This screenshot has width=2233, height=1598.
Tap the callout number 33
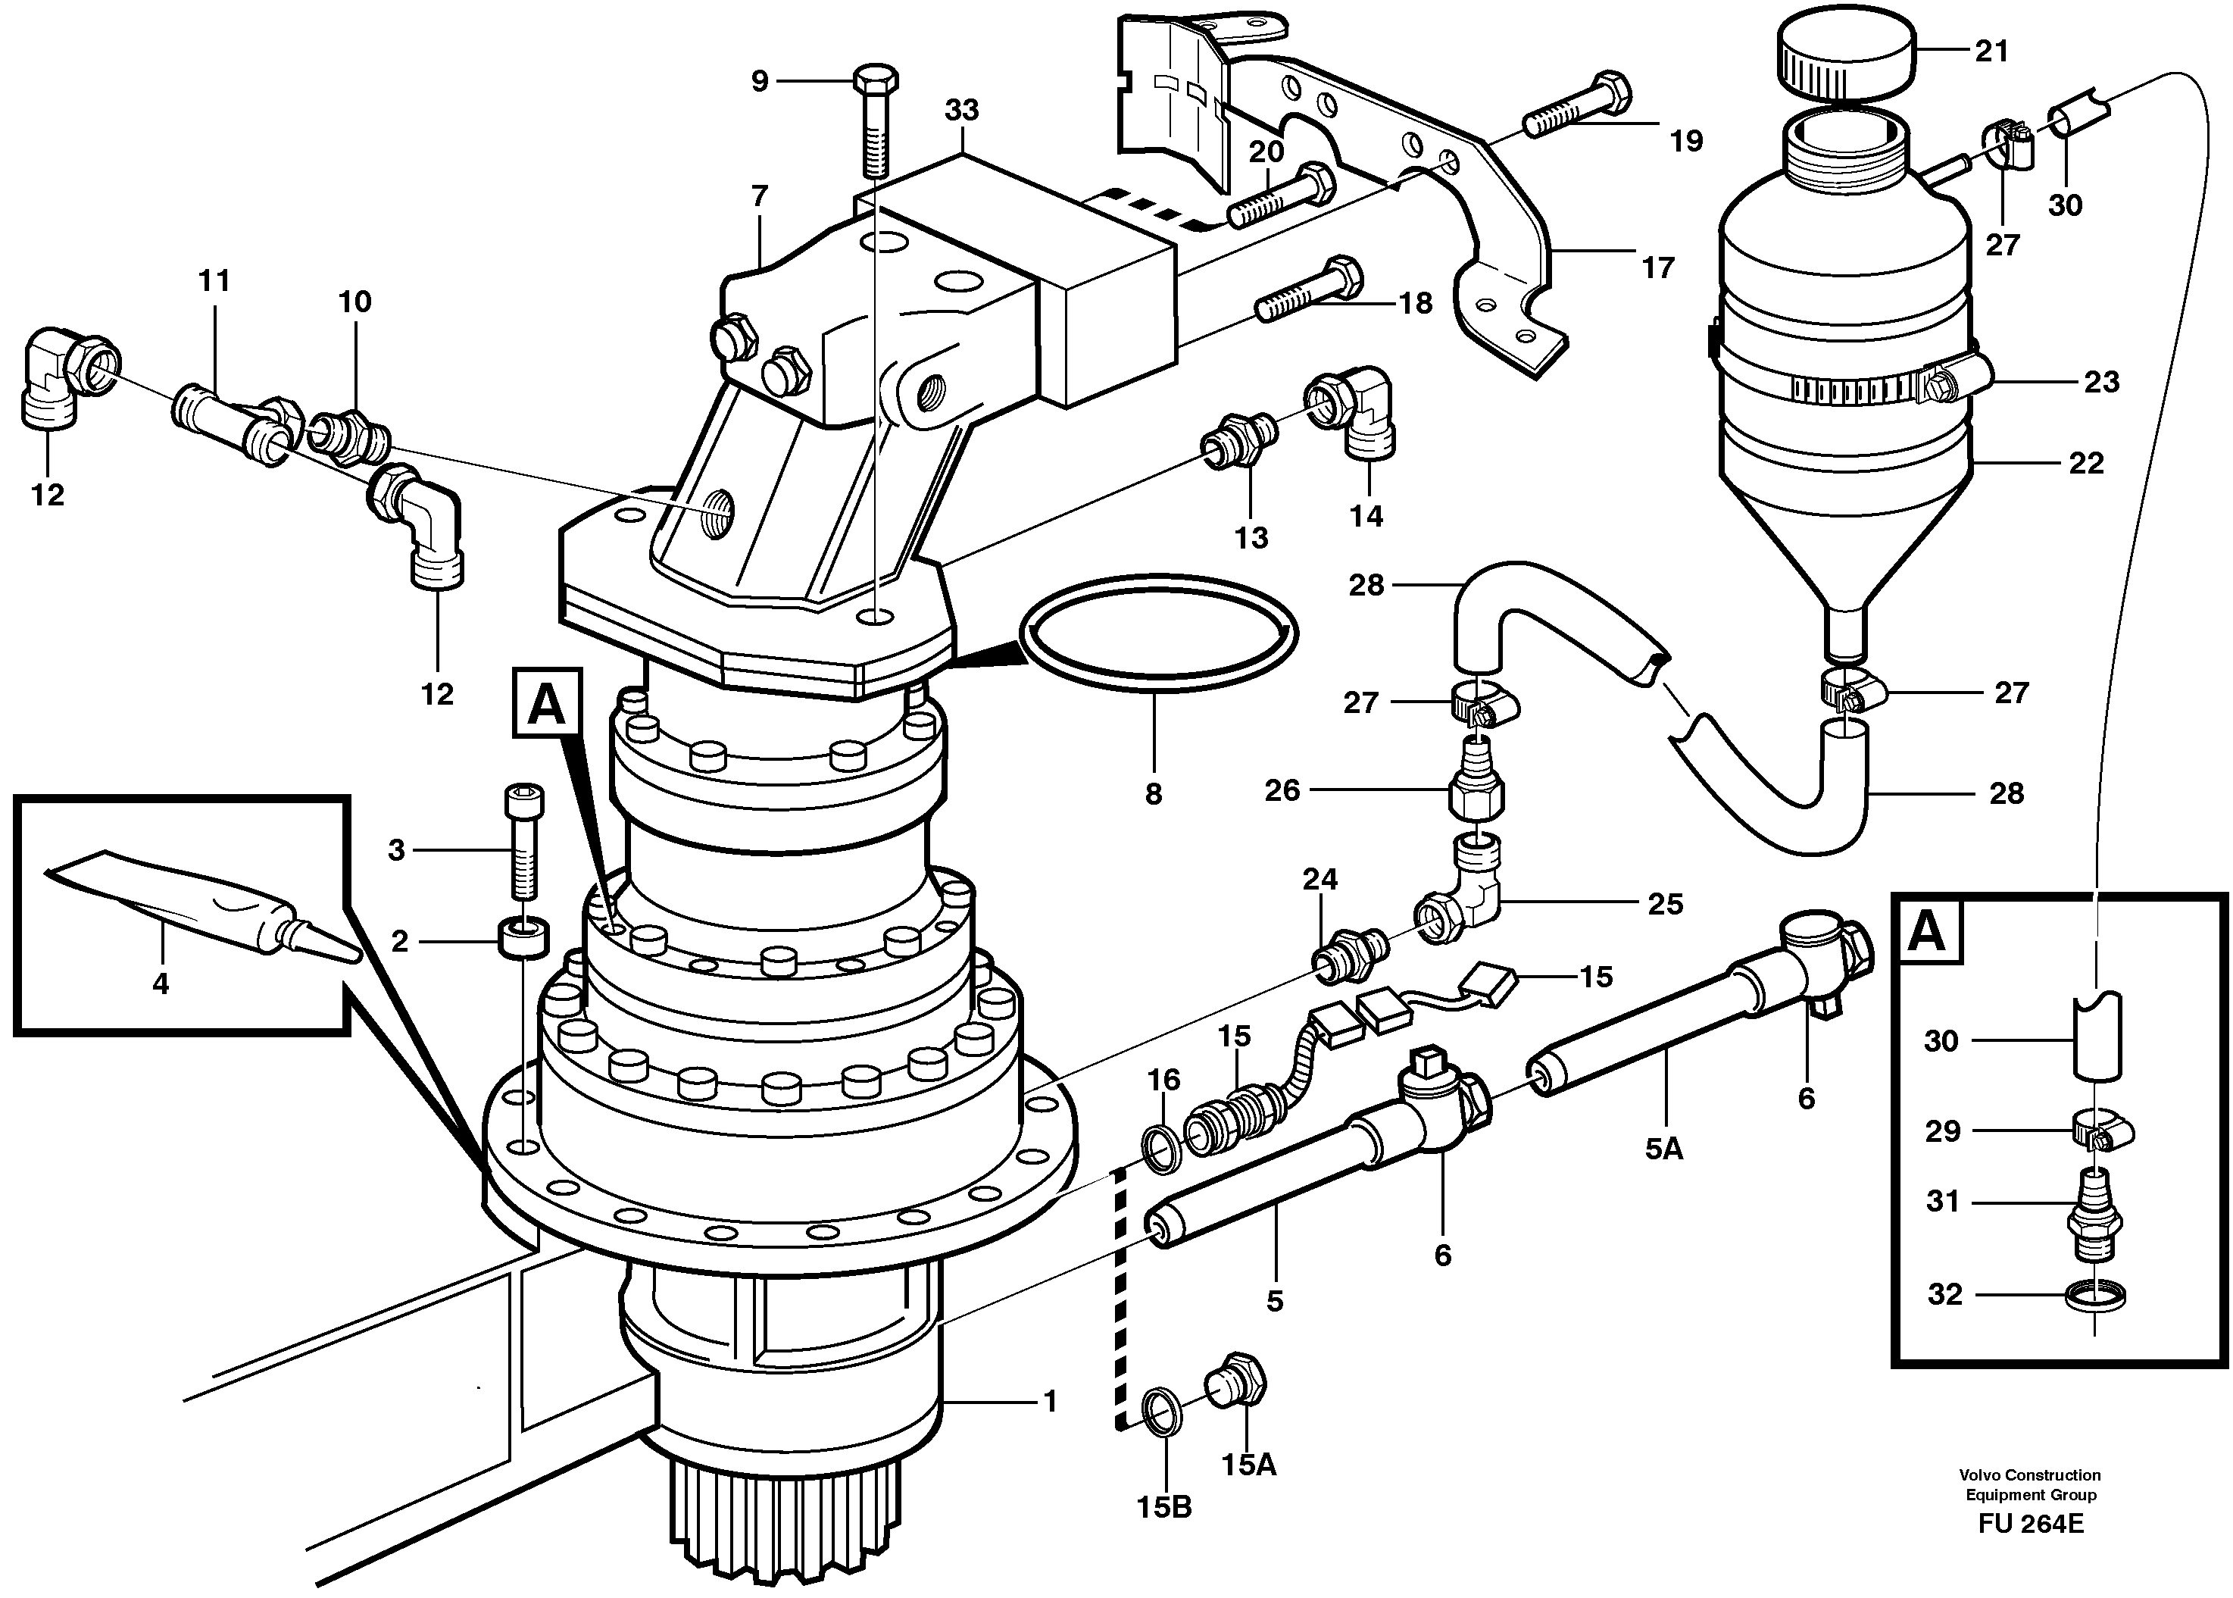961,110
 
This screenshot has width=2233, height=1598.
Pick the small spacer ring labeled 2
524,938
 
